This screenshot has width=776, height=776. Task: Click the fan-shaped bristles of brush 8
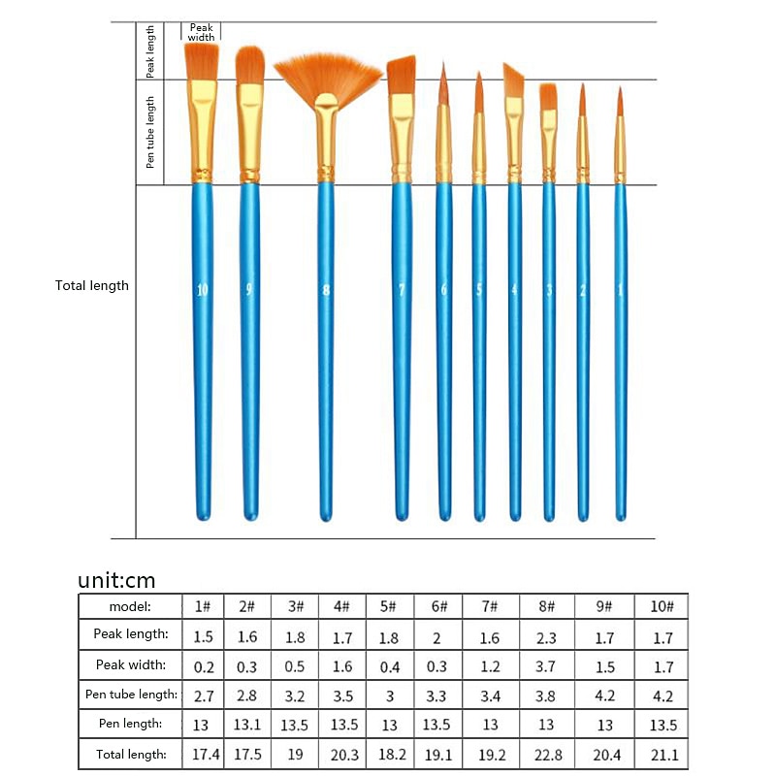(327, 77)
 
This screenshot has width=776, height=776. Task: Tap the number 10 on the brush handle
(202, 289)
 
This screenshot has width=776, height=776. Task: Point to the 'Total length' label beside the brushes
(92, 285)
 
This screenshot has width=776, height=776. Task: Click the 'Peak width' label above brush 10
(201, 32)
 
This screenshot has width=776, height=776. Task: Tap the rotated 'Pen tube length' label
(150, 132)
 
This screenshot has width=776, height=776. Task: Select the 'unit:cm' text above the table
(116, 580)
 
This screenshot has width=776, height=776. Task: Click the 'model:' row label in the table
(130, 606)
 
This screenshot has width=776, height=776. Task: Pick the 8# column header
(547, 606)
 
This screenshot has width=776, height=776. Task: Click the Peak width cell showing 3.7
(547, 665)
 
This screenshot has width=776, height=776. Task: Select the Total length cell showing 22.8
(547, 754)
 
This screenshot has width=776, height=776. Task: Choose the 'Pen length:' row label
(130, 725)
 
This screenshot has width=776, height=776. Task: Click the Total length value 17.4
(203, 754)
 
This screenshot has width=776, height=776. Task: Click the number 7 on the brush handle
(401, 289)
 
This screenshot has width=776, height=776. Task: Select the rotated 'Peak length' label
(150, 50)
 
